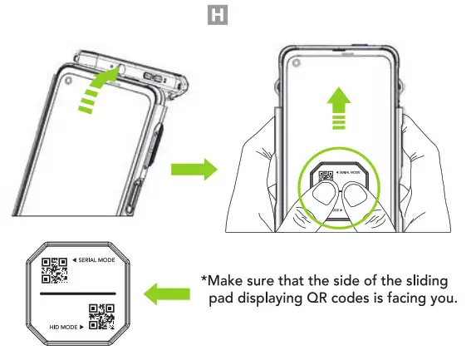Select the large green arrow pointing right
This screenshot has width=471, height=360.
[193, 170]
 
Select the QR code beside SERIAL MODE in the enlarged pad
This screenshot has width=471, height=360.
[54, 272]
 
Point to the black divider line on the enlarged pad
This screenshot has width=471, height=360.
[77, 294]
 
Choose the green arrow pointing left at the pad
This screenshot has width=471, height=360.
[167, 293]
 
